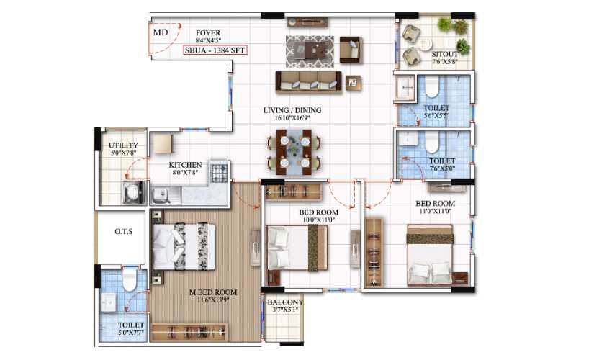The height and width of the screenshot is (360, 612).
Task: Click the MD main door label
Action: (x=161, y=32)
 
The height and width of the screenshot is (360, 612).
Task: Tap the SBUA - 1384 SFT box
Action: (x=215, y=50)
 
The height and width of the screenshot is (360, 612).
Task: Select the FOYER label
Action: (x=208, y=33)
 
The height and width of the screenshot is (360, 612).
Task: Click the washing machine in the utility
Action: (x=134, y=192)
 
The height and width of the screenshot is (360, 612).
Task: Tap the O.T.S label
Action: (x=124, y=232)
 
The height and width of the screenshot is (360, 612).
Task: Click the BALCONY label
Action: (x=285, y=302)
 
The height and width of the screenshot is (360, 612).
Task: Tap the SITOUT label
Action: (x=444, y=54)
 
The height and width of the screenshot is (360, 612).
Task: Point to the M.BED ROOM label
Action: (x=213, y=292)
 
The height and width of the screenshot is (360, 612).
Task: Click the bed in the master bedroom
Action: (x=184, y=246)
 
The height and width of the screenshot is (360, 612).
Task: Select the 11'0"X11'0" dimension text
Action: (x=435, y=211)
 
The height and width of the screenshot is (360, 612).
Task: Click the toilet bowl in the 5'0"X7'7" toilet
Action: (x=129, y=279)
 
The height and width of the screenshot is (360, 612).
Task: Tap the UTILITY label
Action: (x=123, y=145)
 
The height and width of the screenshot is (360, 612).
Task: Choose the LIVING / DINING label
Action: (x=292, y=110)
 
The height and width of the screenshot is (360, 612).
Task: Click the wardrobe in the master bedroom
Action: (x=189, y=332)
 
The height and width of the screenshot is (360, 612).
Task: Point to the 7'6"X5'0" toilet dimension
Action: (x=442, y=168)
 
